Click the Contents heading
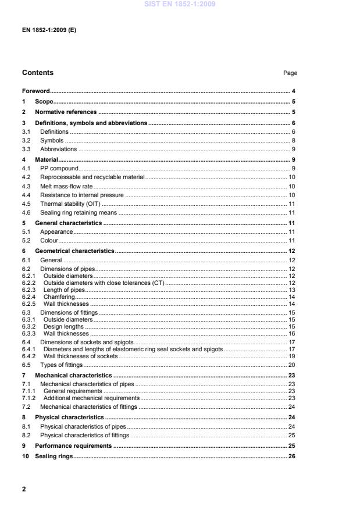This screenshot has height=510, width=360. (38, 73)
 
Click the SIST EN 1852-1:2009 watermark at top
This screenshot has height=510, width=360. (180, 4)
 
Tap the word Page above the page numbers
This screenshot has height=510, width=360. (290, 73)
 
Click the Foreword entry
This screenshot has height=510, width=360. (35, 91)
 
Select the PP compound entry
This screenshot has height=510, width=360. (59, 168)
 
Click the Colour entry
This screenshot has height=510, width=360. (49, 241)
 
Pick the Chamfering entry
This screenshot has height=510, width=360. (59, 297)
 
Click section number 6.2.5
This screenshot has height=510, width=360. (29, 304)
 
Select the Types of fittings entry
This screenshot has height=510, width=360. (61, 365)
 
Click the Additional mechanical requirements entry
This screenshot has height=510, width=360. (92, 398)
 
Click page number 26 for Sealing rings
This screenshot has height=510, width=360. (293, 456)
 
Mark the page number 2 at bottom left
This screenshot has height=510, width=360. (24, 489)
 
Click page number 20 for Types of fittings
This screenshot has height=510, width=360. (293, 365)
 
